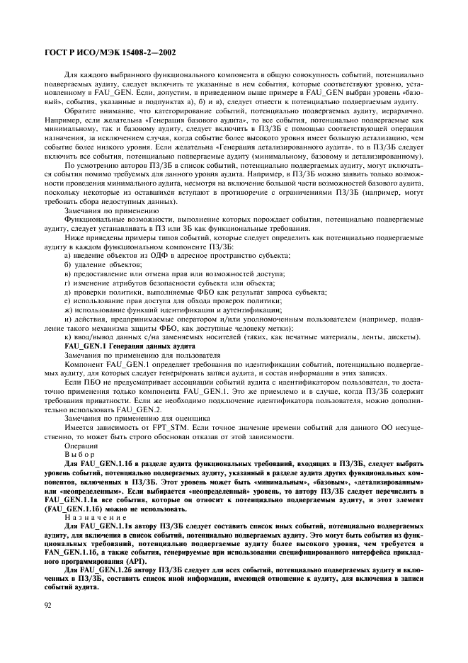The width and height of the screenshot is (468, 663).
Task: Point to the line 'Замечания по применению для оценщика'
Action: (x=121, y=419)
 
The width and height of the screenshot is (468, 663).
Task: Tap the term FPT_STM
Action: (x=174, y=429)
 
